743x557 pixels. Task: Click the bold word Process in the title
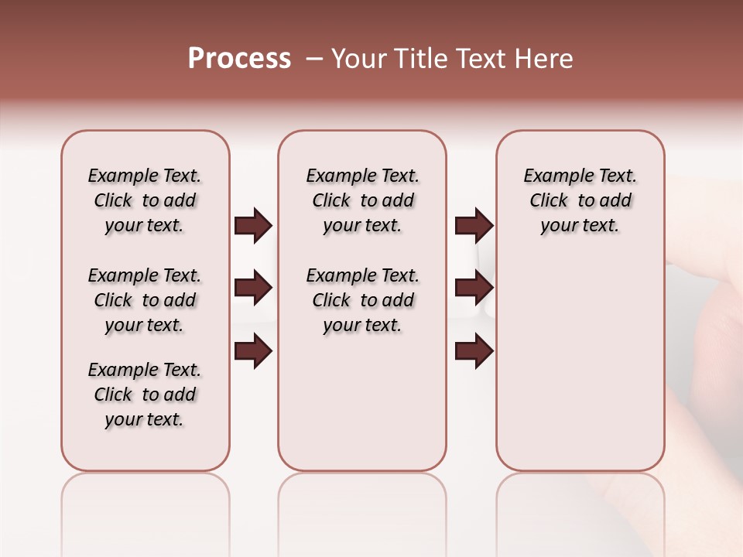[x=239, y=59]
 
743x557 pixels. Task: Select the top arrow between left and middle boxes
[x=253, y=225]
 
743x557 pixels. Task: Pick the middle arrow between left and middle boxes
[x=253, y=288]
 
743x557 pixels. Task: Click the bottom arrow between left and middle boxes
[x=253, y=351]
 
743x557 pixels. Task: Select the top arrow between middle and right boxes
[x=474, y=225]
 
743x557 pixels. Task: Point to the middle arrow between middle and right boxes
[x=474, y=288]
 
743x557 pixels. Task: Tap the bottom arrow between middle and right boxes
[x=474, y=351]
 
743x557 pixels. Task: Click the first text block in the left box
[x=145, y=200]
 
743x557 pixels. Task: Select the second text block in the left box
[x=145, y=300]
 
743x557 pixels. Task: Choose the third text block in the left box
[x=145, y=395]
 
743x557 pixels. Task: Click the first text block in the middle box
[x=362, y=200]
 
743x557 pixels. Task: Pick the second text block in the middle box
[x=362, y=300]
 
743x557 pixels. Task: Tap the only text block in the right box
[x=580, y=200]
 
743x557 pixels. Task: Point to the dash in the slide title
[x=314, y=59]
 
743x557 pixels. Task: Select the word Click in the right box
[x=549, y=201]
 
